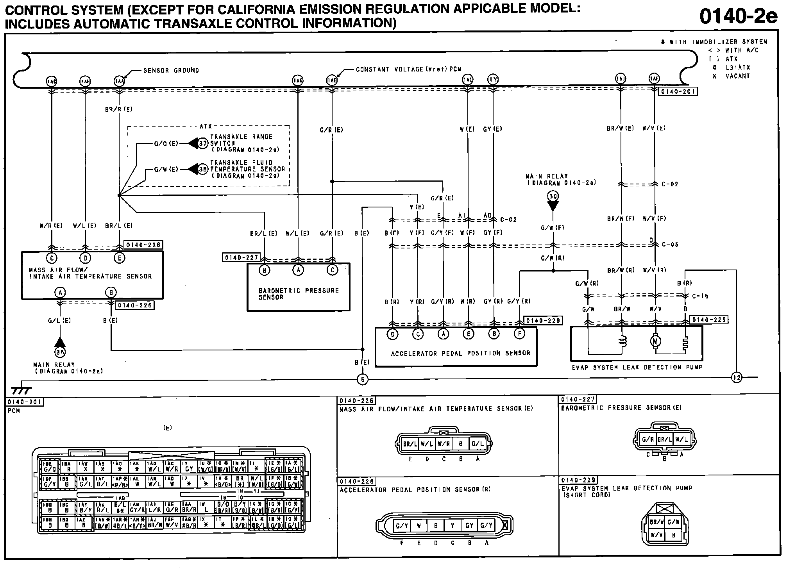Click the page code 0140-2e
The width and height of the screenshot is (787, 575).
point(738,16)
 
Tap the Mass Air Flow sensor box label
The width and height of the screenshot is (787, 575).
point(90,273)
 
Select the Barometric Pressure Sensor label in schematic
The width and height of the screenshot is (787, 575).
point(299,294)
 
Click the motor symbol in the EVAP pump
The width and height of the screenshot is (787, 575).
point(655,341)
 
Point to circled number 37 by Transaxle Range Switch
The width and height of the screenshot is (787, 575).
point(203,143)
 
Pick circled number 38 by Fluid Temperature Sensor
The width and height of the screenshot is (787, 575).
point(203,170)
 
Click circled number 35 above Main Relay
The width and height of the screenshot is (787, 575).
point(60,352)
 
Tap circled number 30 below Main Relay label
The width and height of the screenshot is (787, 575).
point(553,196)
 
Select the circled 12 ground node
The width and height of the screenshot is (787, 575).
point(737,378)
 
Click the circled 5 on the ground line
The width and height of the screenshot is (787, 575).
point(363,379)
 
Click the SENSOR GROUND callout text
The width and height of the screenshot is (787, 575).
point(171,71)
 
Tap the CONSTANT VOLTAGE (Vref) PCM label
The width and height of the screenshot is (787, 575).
point(408,70)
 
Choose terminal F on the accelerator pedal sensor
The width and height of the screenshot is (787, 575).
point(519,334)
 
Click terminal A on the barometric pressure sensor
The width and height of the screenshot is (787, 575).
point(298,270)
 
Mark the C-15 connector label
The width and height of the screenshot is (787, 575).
point(700,296)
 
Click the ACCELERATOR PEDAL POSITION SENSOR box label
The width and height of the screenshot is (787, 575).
point(460,354)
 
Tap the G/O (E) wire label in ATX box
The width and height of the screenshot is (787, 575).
point(166,144)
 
